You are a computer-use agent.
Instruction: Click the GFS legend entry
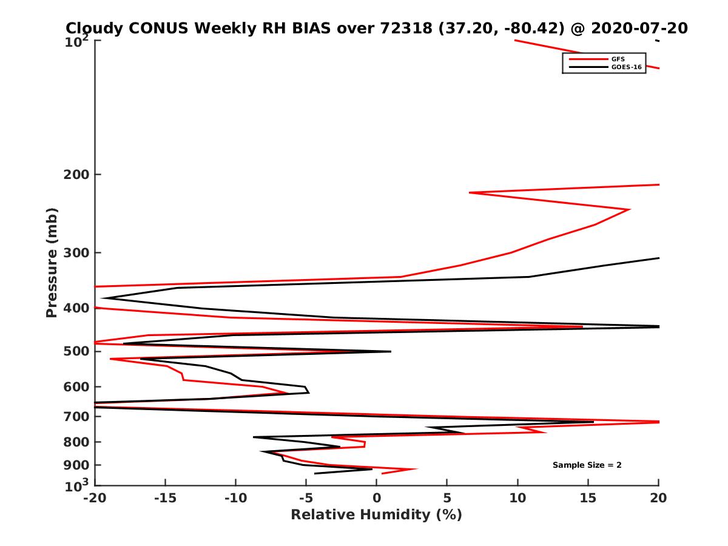(618, 59)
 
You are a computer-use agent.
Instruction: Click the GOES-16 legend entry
(624, 67)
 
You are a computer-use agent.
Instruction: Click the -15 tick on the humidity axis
(165, 499)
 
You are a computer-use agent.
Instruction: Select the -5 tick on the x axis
(306, 499)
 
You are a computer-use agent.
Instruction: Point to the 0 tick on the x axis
(377, 499)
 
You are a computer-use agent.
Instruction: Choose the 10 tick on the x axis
(517, 499)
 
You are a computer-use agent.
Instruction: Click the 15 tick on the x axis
(588, 499)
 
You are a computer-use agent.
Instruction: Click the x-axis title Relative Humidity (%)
(376, 515)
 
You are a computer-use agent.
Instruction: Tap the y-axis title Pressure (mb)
(52, 262)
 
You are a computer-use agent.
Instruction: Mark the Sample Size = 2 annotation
(587, 465)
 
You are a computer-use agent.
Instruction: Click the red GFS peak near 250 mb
(629, 210)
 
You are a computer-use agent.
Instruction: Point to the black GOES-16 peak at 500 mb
(390, 351)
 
